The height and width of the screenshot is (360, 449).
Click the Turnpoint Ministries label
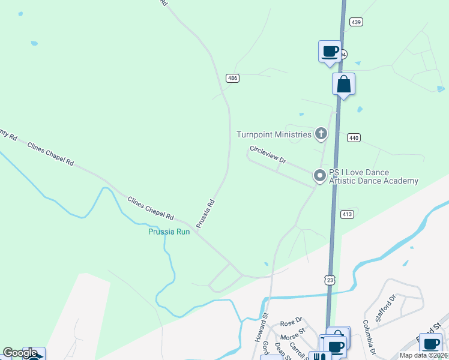(x=274, y=134)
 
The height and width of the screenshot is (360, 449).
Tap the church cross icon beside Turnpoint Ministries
(x=322, y=134)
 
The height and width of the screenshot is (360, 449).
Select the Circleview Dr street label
(x=268, y=155)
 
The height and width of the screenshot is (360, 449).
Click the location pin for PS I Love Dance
(x=320, y=176)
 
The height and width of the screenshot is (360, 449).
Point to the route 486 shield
(x=233, y=78)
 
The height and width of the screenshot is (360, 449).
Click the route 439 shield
(x=356, y=22)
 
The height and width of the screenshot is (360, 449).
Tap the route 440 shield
(x=354, y=138)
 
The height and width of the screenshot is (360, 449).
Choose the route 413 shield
(x=347, y=214)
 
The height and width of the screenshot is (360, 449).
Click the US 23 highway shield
(x=329, y=280)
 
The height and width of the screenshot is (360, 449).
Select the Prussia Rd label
(x=205, y=213)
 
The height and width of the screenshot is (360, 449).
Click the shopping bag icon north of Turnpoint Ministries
(x=343, y=84)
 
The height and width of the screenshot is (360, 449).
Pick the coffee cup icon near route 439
(x=330, y=51)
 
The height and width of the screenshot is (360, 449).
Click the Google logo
(x=20, y=353)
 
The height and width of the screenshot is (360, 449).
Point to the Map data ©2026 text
(x=423, y=355)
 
